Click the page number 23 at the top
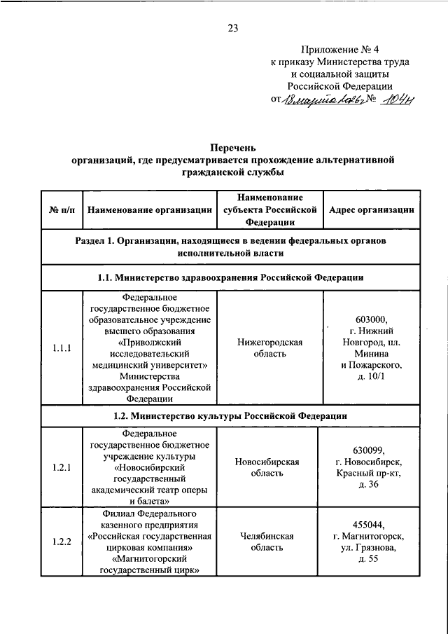coord(233,28)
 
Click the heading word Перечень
coord(233,148)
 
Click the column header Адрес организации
coord(371,209)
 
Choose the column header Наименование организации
coord(149,209)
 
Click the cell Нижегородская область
coord(269,347)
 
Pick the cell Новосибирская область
coord(269,467)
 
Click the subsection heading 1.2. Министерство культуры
coord(230,415)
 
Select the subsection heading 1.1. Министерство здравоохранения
coord(230,277)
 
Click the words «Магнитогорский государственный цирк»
coord(149,565)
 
